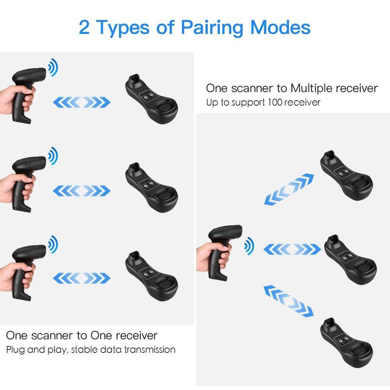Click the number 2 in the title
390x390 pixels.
click(85, 27)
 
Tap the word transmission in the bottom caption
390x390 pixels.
click(149, 349)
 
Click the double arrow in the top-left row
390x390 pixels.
click(82, 103)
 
